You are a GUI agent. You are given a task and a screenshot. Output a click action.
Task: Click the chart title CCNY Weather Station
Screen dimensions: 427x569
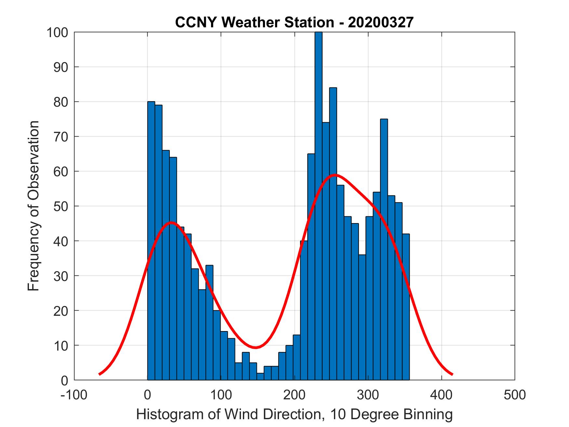tap(255, 22)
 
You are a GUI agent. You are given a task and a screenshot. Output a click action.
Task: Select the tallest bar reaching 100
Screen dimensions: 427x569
tap(318, 195)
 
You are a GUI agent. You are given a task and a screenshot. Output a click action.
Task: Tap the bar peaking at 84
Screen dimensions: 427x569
tap(333, 228)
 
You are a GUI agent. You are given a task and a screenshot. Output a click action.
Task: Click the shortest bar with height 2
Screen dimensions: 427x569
tap(260, 376)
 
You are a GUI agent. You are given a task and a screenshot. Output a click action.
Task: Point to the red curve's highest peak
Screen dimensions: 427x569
tap(335, 175)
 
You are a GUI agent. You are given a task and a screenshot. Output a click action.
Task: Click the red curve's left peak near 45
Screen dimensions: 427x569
tap(171, 222)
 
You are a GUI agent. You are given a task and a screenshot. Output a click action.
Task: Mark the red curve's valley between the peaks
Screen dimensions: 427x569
tap(256, 347)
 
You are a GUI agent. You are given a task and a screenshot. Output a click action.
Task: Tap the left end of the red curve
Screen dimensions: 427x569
tap(99, 374)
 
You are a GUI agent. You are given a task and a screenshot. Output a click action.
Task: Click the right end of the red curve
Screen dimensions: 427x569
tap(452, 374)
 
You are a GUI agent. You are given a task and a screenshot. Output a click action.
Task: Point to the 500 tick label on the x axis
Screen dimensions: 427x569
tap(514, 395)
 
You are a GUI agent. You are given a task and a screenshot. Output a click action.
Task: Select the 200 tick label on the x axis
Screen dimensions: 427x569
tap(294, 395)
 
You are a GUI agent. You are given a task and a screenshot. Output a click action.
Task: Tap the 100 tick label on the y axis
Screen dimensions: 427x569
tap(57, 33)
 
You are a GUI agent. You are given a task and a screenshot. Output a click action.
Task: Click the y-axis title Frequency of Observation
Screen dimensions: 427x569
tap(33, 206)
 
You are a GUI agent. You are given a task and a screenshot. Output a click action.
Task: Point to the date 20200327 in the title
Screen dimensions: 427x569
tap(380, 22)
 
